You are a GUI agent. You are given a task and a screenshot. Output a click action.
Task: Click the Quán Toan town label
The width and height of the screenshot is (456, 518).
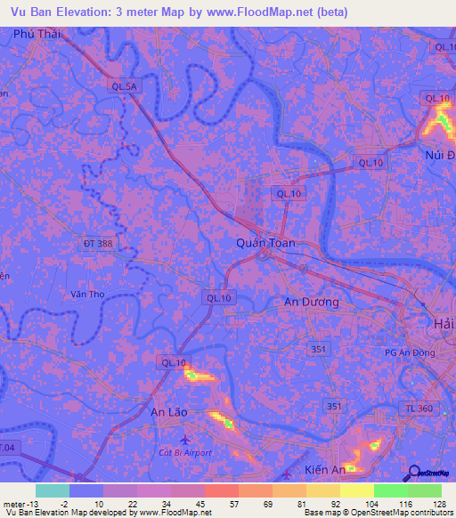click(265, 242)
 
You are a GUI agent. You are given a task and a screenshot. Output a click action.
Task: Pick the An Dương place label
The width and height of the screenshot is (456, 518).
click(311, 302)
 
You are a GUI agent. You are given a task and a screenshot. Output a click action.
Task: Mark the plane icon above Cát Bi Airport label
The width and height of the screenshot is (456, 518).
click(184, 440)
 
